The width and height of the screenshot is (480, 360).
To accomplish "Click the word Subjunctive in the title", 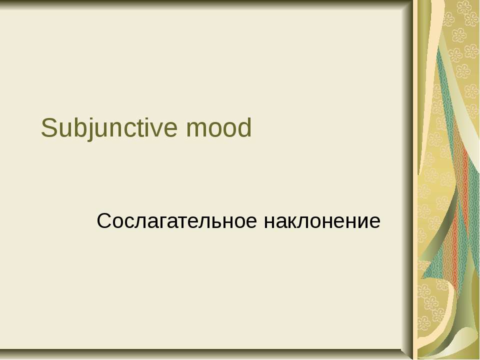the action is pos(109,128).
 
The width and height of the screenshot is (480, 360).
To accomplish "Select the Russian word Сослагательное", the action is pos(176,221).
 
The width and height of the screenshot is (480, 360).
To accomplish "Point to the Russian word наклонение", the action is pos(322,221).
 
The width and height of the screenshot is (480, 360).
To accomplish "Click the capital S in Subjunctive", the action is pos(49,127).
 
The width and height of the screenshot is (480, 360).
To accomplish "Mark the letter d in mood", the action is pos(244,127).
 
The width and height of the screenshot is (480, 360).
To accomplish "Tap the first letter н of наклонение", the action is pos(269,222).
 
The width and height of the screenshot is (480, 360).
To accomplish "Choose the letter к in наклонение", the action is pos(294,222).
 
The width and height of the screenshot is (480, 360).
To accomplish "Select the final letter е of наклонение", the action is pos(374,222).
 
